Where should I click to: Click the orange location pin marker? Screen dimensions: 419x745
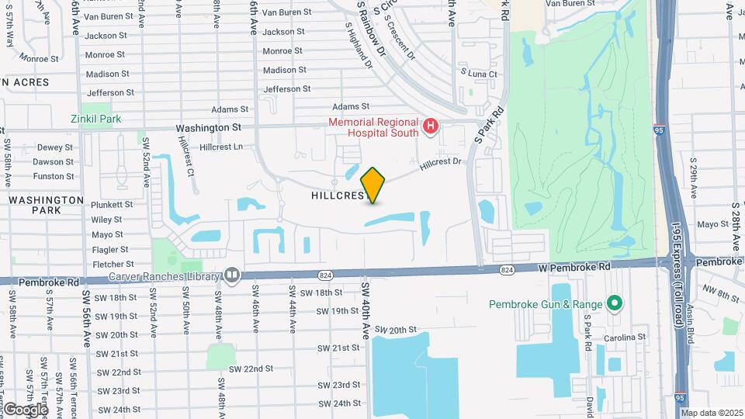tap(372, 185)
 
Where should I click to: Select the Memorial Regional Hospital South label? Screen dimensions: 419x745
tap(372, 127)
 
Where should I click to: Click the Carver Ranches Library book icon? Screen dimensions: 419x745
tap(231, 275)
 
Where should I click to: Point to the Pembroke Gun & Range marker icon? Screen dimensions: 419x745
tap(615, 303)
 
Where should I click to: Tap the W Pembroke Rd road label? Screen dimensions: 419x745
tap(574, 267)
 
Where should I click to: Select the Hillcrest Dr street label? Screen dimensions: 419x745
tap(441, 164)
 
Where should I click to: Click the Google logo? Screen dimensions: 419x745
tap(25, 409)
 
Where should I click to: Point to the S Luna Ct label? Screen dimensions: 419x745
tap(479, 73)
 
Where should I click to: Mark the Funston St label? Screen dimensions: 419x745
tap(54, 176)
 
